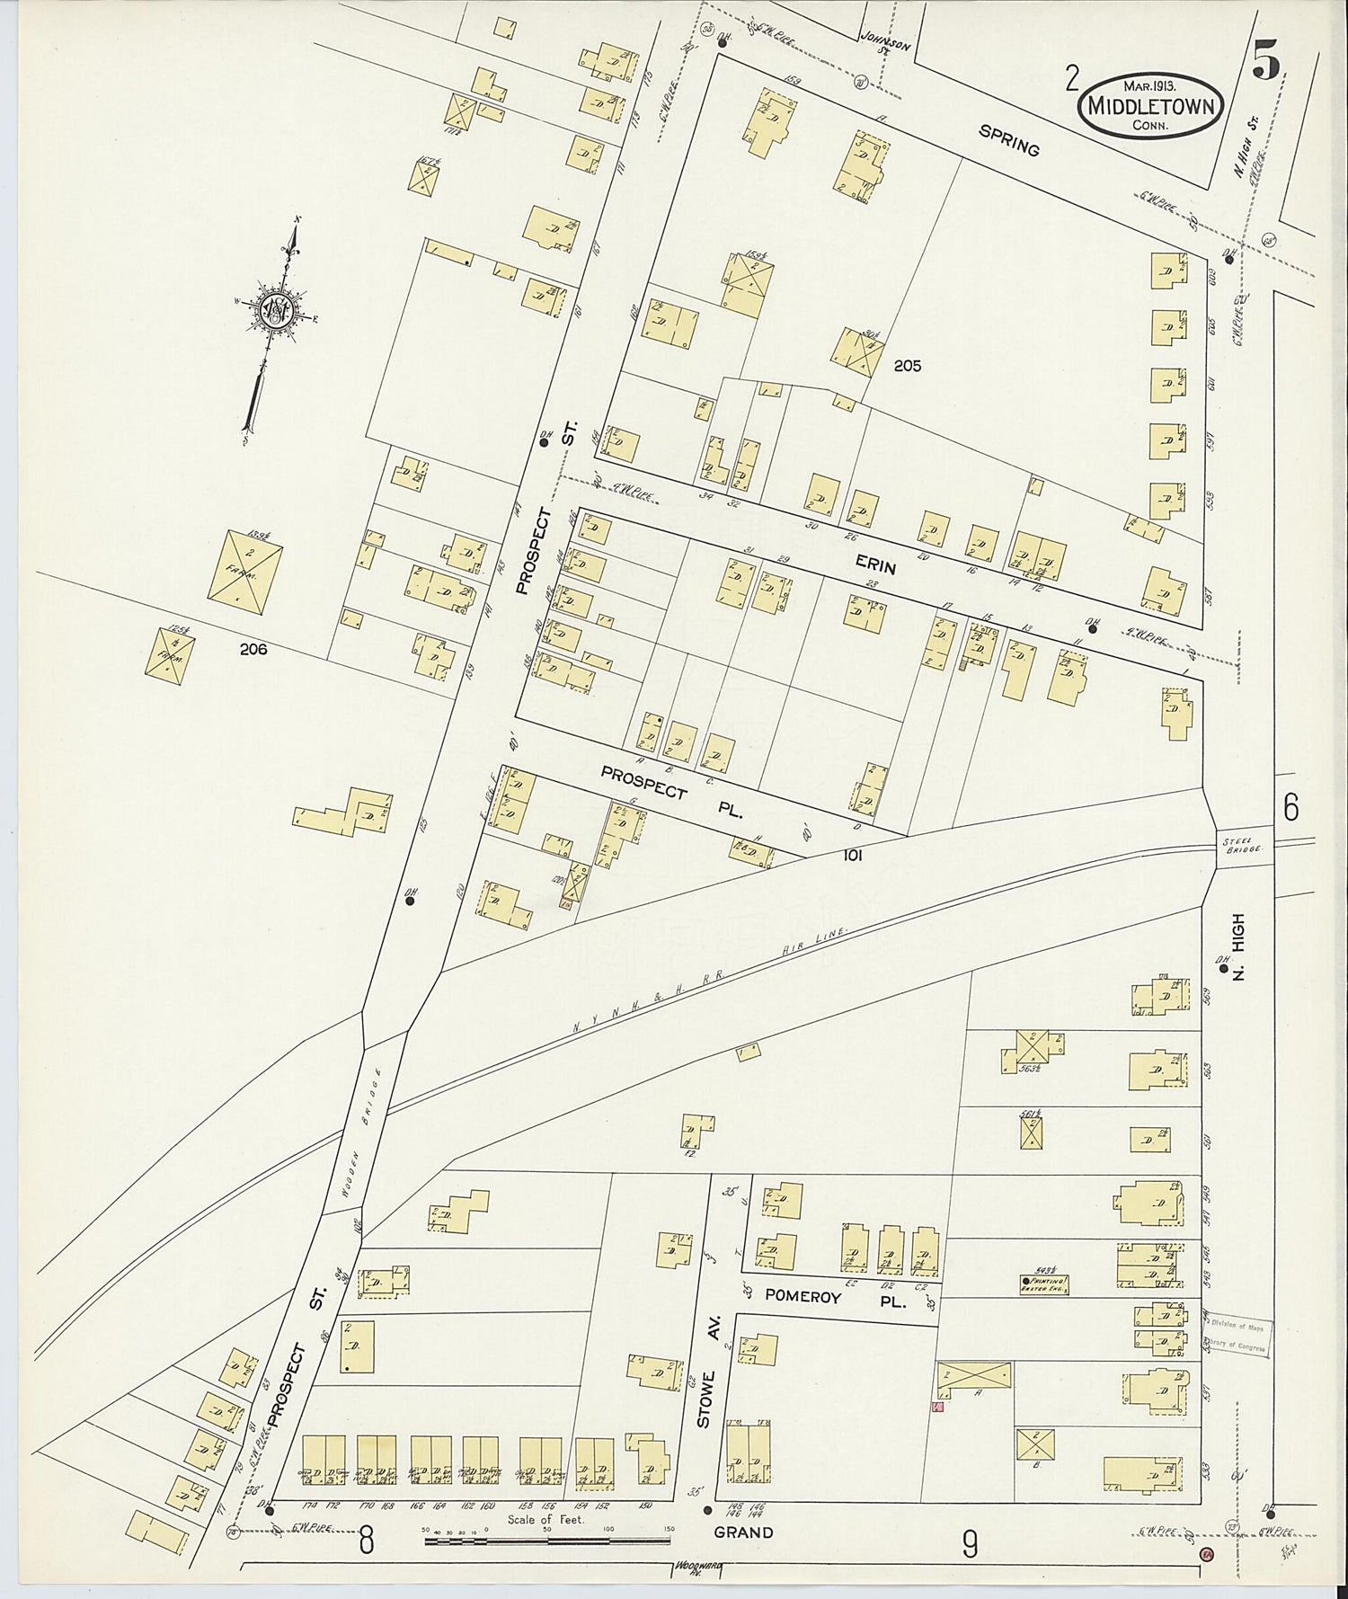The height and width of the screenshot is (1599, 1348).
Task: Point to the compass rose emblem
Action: click(x=274, y=310)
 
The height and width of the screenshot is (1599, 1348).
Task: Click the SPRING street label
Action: click(x=1008, y=140)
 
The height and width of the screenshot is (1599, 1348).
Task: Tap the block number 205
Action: click(x=907, y=366)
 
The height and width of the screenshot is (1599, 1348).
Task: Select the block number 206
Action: click(x=253, y=649)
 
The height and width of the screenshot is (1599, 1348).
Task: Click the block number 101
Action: click(x=851, y=856)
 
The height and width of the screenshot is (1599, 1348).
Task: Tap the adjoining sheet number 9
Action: click(x=969, y=1545)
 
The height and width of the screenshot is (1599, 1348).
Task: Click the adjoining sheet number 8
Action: click(x=366, y=1542)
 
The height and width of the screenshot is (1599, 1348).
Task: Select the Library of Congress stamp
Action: click(x=1237, y=1337)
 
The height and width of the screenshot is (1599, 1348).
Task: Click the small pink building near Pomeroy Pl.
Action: click(x=937, y=1408)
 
